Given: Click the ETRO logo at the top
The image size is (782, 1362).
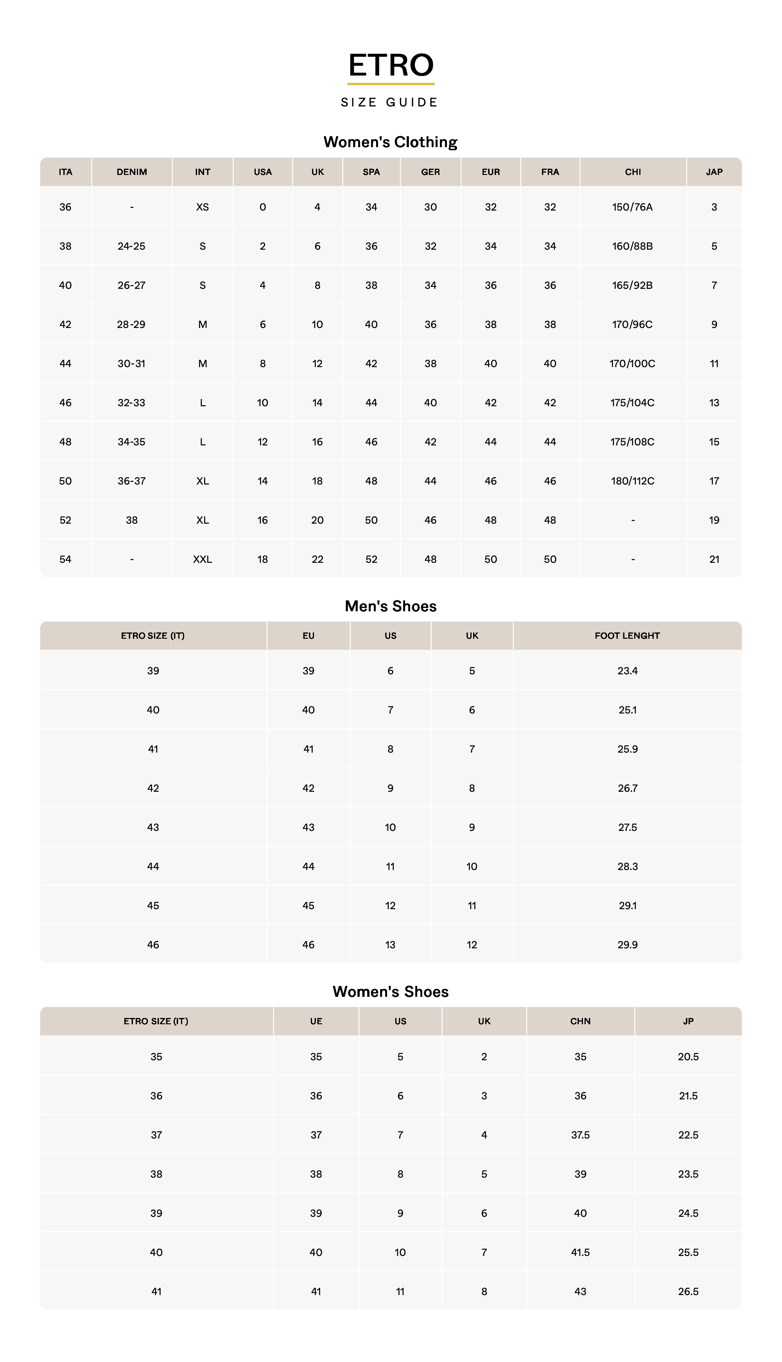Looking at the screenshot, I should (x=391, y=65).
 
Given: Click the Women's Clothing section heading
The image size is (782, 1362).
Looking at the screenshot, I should (x=391, y=142).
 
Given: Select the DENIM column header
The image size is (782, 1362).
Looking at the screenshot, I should (x=132, y=172).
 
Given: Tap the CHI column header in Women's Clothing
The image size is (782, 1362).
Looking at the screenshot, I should (x=633, y=172).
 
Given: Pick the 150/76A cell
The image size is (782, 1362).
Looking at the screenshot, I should (x=632, y=207).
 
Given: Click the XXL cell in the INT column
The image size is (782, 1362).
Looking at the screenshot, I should (x=203, y=559).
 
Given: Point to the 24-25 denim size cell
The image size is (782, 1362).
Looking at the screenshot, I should (x=132, y=246).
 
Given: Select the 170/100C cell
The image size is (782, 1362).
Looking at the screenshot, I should (x=632, y=363).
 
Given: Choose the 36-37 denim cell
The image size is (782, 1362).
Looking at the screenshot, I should (x=132, y=481).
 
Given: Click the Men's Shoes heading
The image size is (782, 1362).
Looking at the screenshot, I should (x=391, y=606).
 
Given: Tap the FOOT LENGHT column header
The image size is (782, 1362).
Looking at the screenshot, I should (x=627, y=636).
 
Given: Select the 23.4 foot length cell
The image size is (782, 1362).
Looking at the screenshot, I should (x=627, y=671).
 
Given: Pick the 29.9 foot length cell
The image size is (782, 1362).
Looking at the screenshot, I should (x=627, y=945).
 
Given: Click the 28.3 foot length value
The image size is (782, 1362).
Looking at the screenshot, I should (x=627, y=867).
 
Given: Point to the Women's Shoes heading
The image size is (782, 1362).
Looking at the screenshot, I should (x=391, y=992).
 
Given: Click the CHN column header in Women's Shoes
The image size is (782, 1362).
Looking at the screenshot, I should (x=580, y=1021).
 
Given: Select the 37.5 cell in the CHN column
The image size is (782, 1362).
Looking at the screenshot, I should (x=580, y=1135).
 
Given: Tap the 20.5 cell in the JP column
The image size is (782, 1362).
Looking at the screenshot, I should (x=688, y=1057).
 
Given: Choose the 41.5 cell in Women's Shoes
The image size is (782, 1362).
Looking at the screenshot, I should (x=580, y=1252).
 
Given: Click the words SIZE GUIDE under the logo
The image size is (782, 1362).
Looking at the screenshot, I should (x=390, y=103).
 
